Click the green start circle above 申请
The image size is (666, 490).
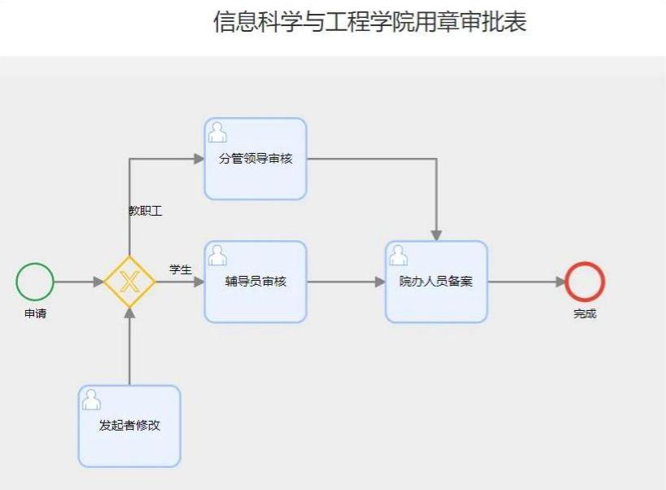(x=35, y=282)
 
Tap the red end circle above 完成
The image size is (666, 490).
(x=585, y=282)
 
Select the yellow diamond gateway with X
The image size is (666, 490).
(x=129, y=282)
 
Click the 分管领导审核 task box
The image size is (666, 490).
(x=255, y=159)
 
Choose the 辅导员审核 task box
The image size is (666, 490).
(x=255, y=282)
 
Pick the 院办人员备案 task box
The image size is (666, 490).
(x=436, y=282)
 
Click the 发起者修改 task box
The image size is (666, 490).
(x=129, y=426)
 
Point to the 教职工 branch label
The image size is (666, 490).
(x=146, y=211)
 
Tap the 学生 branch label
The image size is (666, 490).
(x=180, y=269)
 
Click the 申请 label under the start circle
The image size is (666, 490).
(x=35, y=313)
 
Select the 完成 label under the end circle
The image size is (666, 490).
(x=585, y=313)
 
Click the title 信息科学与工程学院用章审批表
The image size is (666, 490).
(x=370, y=22)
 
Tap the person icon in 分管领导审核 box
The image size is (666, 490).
(x=217, y=132)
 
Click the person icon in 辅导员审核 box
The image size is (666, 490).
(x=217, y=255)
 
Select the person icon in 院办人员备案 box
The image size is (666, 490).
(x=398, y=255)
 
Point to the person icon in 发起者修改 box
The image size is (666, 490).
(x=91, y=399)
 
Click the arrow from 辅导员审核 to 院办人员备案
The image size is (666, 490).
(x=346, y=282)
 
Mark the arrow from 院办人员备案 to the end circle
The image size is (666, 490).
(x=526, y=282)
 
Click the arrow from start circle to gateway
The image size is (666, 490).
(x=79, y=282)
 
